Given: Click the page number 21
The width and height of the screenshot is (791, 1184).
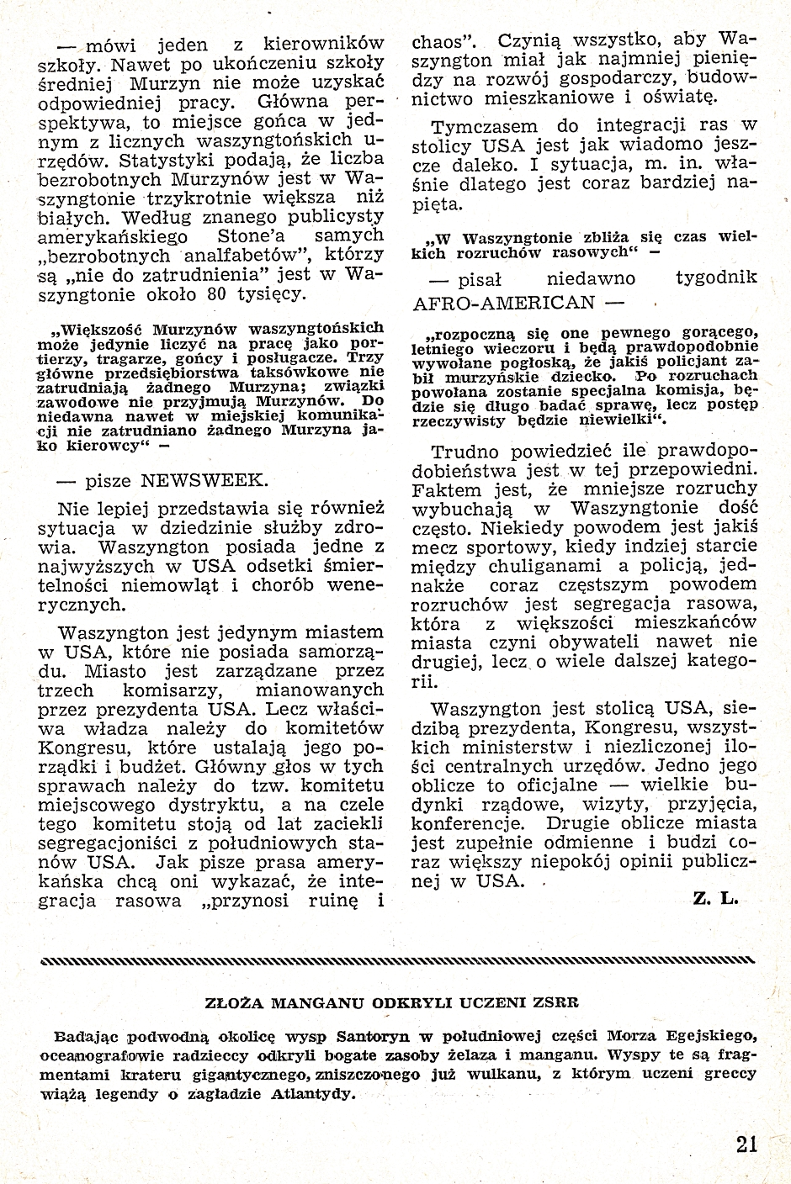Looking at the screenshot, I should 746,1144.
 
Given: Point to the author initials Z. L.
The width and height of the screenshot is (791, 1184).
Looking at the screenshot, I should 716,899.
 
